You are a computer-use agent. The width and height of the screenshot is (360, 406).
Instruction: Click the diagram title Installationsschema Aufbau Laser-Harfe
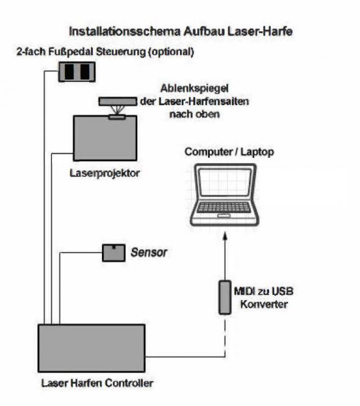tap(181, 31)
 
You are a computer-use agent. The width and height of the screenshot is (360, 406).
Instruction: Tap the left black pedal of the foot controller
tap(69, 71)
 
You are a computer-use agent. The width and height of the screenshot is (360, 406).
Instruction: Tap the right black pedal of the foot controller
tap(85, 71)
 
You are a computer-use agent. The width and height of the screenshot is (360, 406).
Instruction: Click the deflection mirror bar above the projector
tap(118, 101)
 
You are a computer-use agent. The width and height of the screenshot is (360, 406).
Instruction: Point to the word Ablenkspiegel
tap(195, 89)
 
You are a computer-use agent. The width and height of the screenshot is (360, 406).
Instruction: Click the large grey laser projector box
tap(105, 138)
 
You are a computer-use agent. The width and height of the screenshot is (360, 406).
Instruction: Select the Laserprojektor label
tap(104, 173)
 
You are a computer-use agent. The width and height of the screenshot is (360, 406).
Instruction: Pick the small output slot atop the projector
tap(117, 117)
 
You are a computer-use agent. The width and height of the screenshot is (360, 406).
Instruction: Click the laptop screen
tap(225, 183)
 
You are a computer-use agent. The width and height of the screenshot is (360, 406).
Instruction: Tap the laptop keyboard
tap(224, 207)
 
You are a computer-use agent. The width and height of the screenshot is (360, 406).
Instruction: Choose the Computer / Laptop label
tap(229, 152)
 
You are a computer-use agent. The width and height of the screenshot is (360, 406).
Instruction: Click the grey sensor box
tap(113, 253)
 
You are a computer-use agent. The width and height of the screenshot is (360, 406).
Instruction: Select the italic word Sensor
tap(149, 253)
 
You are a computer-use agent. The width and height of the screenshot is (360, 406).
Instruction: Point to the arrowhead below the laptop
tap(225, 236)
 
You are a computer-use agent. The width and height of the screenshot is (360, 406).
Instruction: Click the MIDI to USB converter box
tap(225, 297)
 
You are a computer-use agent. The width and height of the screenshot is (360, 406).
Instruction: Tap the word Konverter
tap(264, 304)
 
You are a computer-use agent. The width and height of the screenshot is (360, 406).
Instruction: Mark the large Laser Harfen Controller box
tap(92, 348)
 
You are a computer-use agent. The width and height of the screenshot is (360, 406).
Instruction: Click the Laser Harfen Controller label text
tap(97, 383)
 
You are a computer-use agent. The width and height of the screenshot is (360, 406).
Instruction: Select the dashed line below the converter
tap(225, 336)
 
